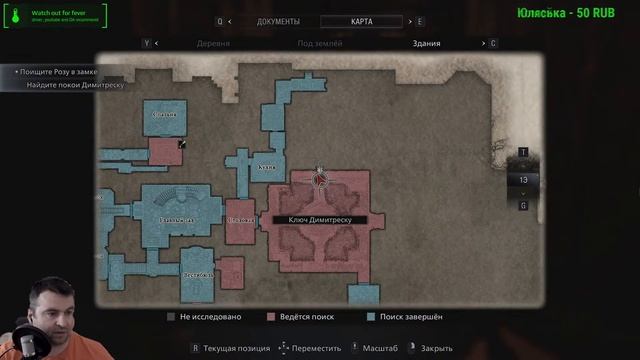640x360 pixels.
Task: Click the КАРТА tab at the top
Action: point(363,21)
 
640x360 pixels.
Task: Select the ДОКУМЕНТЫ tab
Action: point(278,21)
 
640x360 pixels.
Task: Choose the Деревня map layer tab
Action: point(213,44)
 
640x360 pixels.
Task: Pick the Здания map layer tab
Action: point(426,44)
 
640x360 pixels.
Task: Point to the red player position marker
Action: point(320,180)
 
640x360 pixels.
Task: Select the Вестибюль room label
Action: point(196,273)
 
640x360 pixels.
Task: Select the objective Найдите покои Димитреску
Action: point(76,86)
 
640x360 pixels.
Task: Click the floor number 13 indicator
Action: point(523,180)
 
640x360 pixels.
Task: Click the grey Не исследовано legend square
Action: point(171,317)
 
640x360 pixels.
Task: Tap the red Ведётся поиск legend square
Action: point(269,317)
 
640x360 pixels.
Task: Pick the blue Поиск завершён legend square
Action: point(370,317)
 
